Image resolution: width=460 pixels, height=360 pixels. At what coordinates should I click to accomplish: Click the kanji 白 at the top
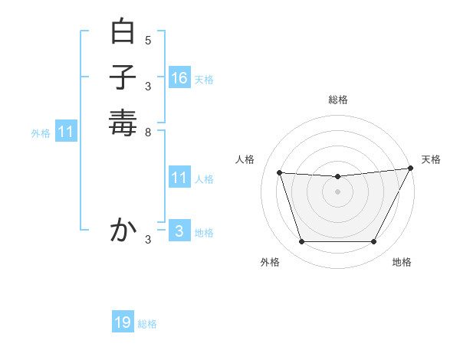pos(123,32)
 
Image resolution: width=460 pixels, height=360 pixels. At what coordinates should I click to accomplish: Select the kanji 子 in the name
pos(123,77)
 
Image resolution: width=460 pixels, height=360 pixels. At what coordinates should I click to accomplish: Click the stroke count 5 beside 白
pos(148,40)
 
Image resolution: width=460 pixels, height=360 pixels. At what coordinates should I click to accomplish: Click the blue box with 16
pos(179,77)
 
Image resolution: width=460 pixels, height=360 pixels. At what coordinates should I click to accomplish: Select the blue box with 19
pos(123,322)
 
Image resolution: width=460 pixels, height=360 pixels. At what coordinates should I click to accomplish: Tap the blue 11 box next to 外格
pos(66,132)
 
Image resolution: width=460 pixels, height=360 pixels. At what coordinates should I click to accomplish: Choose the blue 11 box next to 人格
pos(179,178)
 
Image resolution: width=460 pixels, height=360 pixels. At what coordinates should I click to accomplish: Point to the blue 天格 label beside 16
pos(204,79)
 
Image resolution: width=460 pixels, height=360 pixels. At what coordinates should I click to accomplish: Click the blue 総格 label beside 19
pos(147,324)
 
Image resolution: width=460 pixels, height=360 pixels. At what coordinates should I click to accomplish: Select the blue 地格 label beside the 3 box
pos(204,233)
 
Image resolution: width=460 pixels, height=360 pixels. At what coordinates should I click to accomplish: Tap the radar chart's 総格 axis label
pos(337,100)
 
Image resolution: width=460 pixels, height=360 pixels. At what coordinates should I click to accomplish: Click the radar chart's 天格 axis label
pos(431,159)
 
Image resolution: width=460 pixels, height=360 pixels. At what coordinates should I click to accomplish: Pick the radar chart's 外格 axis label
pos(270,262)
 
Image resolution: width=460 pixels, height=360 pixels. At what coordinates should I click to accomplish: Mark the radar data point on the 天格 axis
pos(411,169)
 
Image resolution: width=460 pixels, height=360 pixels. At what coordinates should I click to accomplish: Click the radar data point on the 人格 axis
pos(279,173)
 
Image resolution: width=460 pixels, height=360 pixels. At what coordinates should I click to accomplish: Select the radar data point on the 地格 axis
pos(373,242)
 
